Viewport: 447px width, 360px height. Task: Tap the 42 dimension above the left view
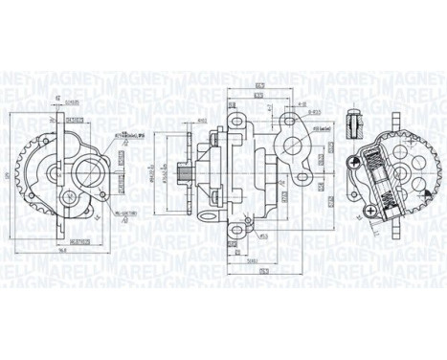58,98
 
